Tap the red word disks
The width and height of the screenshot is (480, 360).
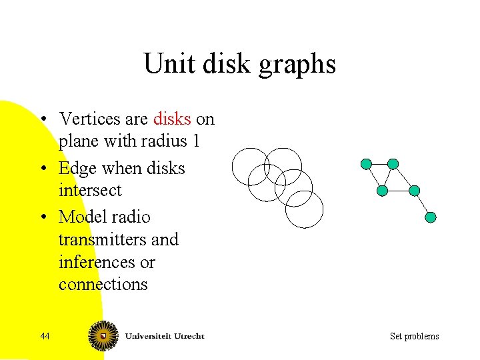coord(172,119)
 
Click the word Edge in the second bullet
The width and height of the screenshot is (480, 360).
coord(79,168)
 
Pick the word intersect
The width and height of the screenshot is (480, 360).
coord(90,191)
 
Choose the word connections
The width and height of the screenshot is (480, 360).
coord(103,285)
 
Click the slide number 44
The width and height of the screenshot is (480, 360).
coord(45,336)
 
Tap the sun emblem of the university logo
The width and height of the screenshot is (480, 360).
coord(102,335)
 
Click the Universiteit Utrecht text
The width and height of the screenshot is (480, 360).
coord(163,335)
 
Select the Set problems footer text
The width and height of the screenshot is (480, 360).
coord(414,336)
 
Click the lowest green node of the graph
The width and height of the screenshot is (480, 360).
coord(431,217)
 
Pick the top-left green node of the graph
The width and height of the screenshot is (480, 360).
coord(366,164)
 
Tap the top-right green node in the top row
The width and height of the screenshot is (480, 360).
coord(393,164)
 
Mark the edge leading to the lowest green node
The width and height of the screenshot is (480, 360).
coord(423,204)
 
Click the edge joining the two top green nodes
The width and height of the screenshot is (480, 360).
coord(379,164)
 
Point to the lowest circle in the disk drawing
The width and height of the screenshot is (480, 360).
coord(304,209)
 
